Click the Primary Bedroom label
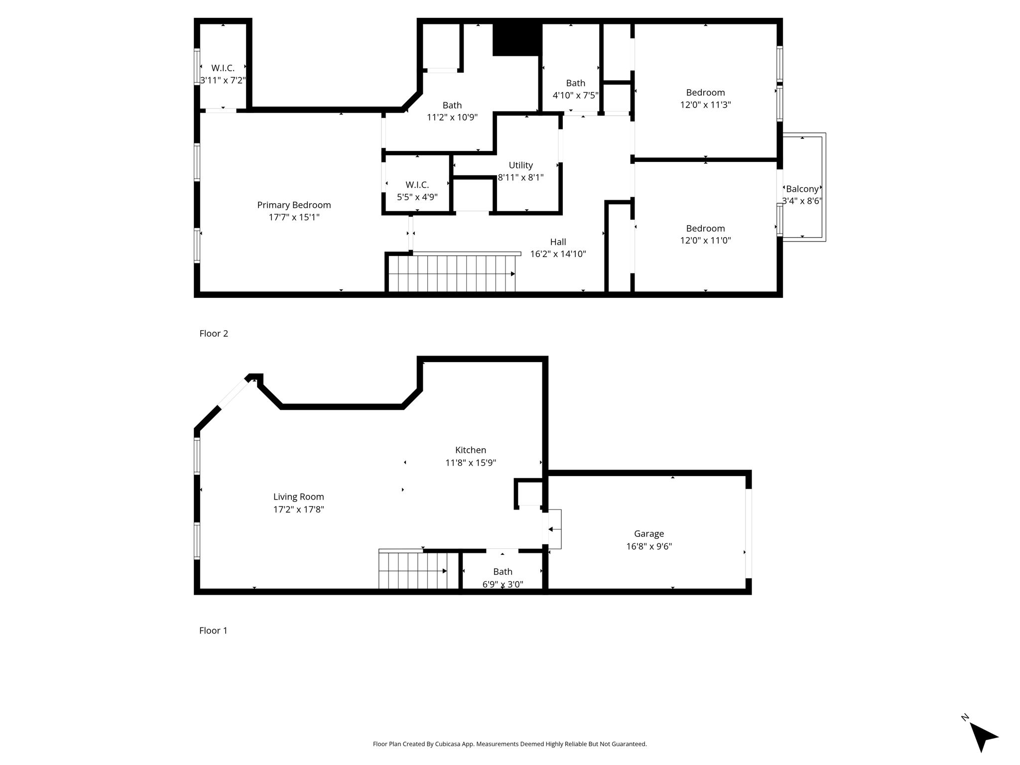[294, 205]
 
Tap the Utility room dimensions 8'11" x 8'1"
[521, 177]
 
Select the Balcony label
[802, 189]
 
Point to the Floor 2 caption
[214, 333]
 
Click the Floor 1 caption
[213, 630]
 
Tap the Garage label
[649, 534]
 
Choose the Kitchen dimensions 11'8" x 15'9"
[471, 463]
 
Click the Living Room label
[299, 497]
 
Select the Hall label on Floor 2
[558, 242]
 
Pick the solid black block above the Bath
[517, 39]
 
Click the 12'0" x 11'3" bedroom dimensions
[706, 105]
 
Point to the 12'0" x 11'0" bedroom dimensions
[706, 240]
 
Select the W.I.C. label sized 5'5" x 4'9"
[417, 185]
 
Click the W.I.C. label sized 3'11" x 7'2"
[223, 68]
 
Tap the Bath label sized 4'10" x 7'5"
[576, 83]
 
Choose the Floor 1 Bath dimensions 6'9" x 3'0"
[503, 584]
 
